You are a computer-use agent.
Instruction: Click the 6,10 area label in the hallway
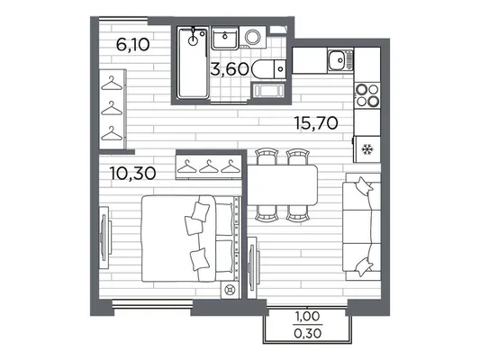(133, 45)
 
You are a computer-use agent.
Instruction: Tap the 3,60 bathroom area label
(230, 68)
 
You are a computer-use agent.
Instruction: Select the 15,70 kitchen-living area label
(316, 123)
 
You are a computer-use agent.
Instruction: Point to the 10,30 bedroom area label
(133, 174)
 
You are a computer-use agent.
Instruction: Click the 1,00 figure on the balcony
(307, 316)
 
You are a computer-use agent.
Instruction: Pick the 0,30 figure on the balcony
(307, 333)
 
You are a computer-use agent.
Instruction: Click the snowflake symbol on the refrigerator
(367, 149)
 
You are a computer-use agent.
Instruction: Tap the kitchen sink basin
(337, 59)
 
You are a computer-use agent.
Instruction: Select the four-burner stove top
(367, 94)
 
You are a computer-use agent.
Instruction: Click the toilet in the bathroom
(268, 69)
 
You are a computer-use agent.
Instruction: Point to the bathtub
(193, 63)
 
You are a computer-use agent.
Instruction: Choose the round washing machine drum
(253, 38)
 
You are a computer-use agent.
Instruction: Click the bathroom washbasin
(225, 38)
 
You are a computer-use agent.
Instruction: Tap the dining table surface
(282, 184)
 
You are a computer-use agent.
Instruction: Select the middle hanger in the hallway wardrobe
(112, 108)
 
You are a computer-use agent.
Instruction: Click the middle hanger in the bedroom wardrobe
(209, 166)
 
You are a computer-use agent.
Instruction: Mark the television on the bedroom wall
(104, 238)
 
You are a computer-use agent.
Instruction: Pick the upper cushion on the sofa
(363, 185)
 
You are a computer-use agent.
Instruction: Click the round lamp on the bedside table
(230, 289)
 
